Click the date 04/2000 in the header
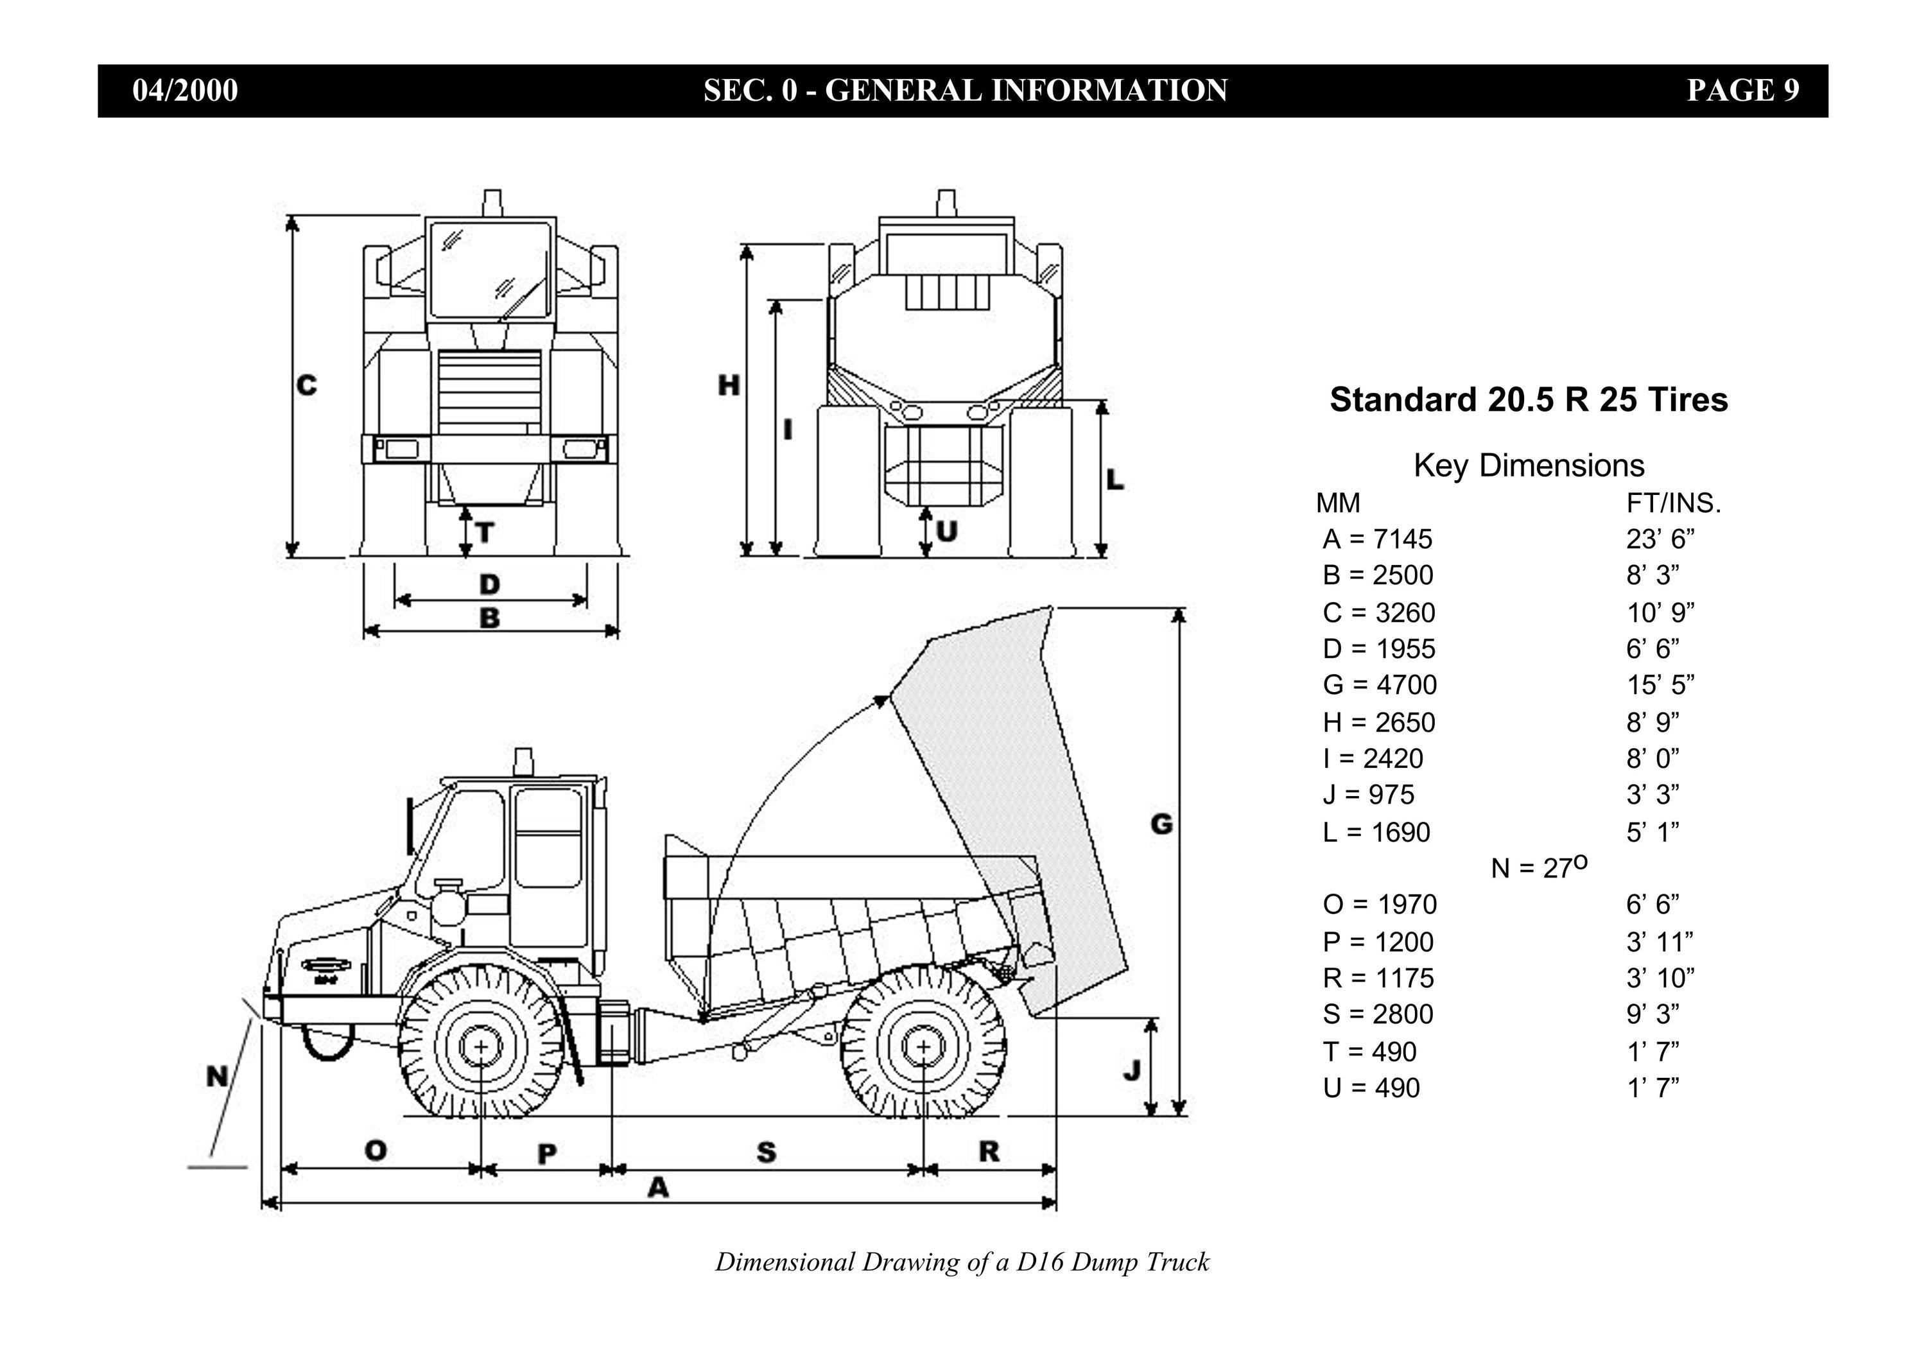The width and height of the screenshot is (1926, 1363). [x=186, y=91]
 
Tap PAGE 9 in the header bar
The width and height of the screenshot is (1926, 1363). [x=1743, y=91]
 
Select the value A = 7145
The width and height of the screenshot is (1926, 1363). [x=1377, y=539]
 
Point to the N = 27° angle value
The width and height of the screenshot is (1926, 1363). [x=1539, y=867]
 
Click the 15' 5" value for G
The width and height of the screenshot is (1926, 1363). [x=1660, y=685]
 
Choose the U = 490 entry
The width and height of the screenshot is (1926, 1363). [x=1371, y=1088]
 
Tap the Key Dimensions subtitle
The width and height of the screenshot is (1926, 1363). [x=1529, y=465]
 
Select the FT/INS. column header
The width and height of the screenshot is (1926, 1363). [x=1674, y=503]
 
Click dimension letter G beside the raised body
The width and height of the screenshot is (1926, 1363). [x=1161, y=824]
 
